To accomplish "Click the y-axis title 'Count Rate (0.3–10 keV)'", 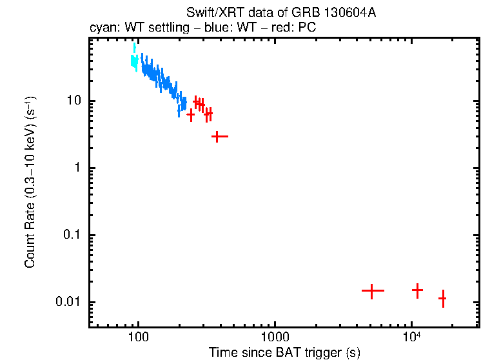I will tap(30, 183).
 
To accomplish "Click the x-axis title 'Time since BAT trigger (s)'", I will tap(284, 352).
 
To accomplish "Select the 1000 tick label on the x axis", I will tap(275, 336).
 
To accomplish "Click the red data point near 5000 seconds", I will tap(372, 291).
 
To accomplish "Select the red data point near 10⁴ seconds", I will tap(417, 290).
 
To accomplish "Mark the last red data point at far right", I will tap(442, 299).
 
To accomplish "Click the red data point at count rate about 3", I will tap(220, 136).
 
